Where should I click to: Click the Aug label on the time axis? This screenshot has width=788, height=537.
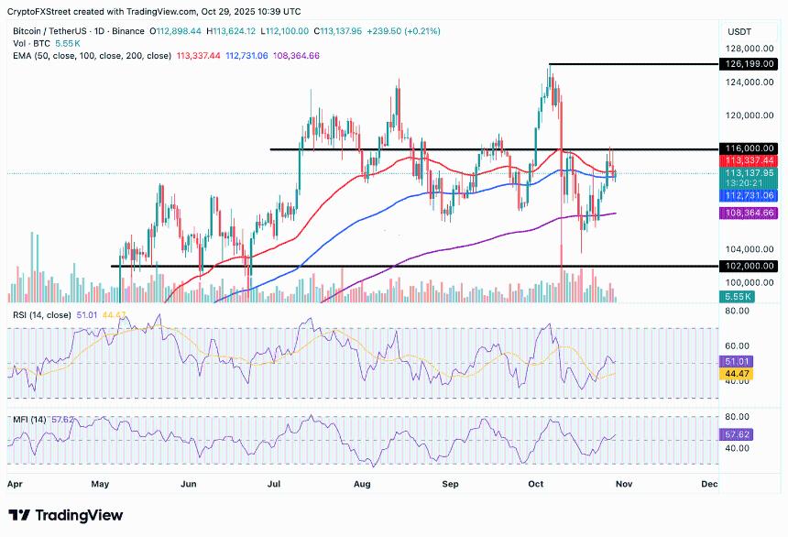tap(362, 481)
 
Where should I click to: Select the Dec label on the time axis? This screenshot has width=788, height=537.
tap(708, 481)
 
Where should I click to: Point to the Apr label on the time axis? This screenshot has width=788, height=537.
tap(15, 481)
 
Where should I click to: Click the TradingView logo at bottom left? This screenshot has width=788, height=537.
tap(66, 515)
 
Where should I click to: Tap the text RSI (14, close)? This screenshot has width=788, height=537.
tap(42, 315)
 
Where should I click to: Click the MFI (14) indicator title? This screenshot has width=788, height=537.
tap(27, 420)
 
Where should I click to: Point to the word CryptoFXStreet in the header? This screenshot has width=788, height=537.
tap(40, 11)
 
